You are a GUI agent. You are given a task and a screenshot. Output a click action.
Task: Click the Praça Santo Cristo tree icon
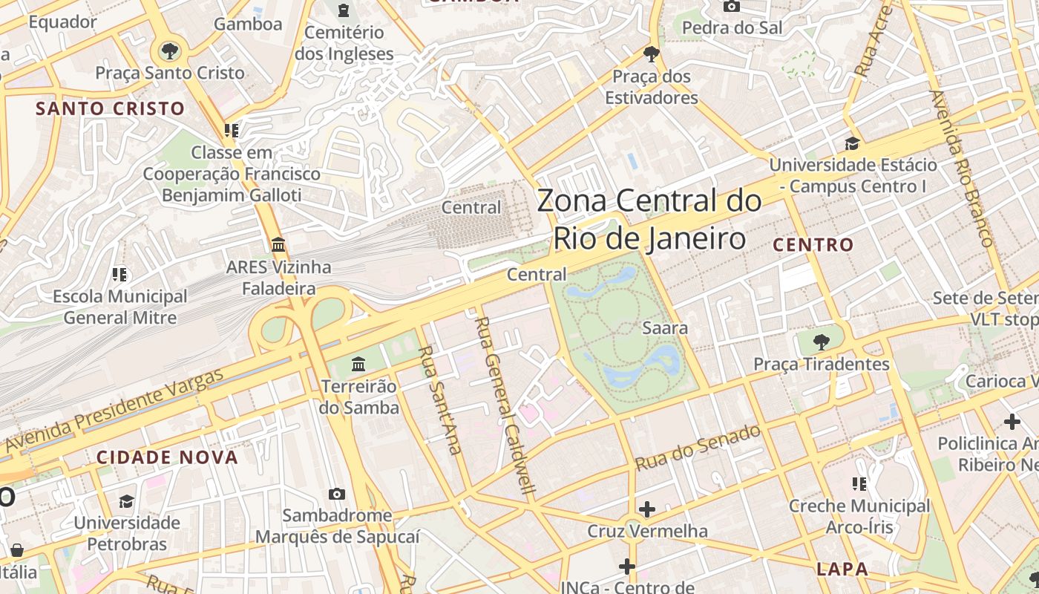click(170, 51)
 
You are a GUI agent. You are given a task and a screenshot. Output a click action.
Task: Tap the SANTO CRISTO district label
click(111, 108)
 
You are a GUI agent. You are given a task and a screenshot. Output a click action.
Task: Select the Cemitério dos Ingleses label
click(344, 43)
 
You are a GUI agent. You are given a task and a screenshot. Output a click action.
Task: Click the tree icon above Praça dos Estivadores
click(652, 53)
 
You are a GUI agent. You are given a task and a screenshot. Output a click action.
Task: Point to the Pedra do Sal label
click(732, 27)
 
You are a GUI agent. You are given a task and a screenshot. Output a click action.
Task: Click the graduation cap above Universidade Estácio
click(852, 143)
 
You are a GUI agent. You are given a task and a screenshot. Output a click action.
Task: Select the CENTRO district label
click(813, 244)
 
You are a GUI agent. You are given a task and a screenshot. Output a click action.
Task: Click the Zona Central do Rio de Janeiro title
click(649, 220)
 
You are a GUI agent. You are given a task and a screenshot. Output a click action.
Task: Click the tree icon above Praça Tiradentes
click(821, 342)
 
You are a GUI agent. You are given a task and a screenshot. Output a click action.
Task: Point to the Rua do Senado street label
click(698, 447)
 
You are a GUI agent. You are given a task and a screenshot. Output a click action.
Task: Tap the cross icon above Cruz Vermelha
click(647, 509)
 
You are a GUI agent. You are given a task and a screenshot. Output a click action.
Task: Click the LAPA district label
click(842, 569)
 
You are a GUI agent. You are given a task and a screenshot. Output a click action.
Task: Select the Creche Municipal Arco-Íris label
click(859, 517)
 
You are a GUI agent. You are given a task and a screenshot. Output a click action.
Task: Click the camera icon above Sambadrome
click(337, 494)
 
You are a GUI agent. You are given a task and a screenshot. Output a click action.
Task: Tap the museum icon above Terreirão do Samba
click(359, 364)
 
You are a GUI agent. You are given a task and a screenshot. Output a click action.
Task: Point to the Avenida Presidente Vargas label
click(115, 410)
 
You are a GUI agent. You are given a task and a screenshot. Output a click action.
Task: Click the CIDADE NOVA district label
click(167, 457)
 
